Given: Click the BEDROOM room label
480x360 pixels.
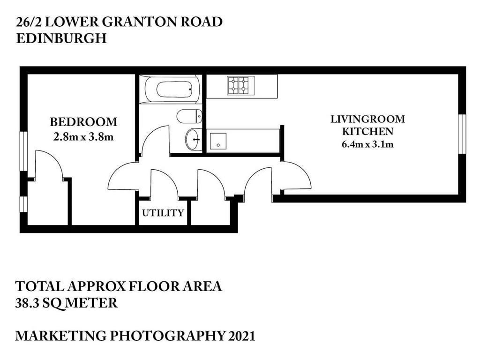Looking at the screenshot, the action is [83, 122].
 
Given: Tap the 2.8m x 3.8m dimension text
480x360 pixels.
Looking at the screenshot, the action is [83, 136].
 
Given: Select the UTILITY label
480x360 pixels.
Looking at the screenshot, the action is [163, 213].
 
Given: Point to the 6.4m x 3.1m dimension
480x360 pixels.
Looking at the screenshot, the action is [367, 144].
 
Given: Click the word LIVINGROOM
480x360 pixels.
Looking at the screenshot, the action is [367, 119].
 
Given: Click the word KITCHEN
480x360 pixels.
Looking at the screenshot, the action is [367, 131].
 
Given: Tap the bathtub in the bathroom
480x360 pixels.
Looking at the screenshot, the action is [173, 89].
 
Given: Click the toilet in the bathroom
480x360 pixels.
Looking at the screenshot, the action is [189, 116].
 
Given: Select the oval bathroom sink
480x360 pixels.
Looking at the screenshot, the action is [194, 140].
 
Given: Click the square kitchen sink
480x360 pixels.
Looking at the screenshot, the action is [218, 141].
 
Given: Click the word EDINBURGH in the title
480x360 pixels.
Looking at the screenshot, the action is [61, 38].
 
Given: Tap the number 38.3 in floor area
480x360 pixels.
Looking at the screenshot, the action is [27, 303].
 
